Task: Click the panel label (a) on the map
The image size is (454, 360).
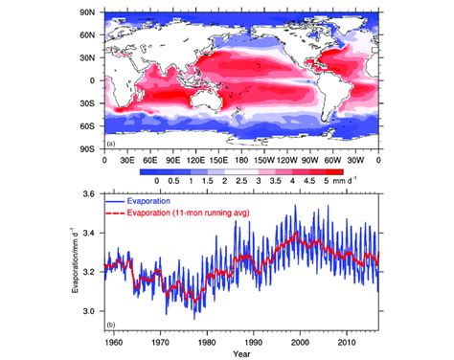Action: (x=110, y=142)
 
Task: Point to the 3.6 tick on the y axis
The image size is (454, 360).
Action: (x=91, y=194)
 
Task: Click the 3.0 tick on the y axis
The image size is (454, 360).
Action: (x=91, y=311)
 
